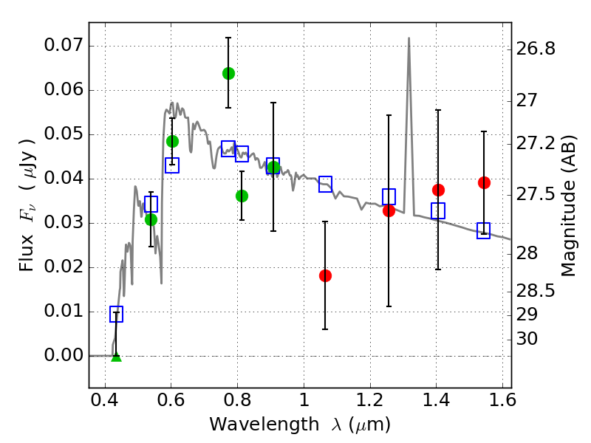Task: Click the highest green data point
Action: pos(228,73)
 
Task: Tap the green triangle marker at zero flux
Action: pos(116,357)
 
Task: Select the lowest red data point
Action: pos(325,275)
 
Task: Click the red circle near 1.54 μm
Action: pos(484,182)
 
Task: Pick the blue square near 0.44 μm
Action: pos(116,315)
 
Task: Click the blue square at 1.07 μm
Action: pos(325,185)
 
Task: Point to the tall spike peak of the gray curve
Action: pos(409,38)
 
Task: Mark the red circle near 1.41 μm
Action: pos(438,190)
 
